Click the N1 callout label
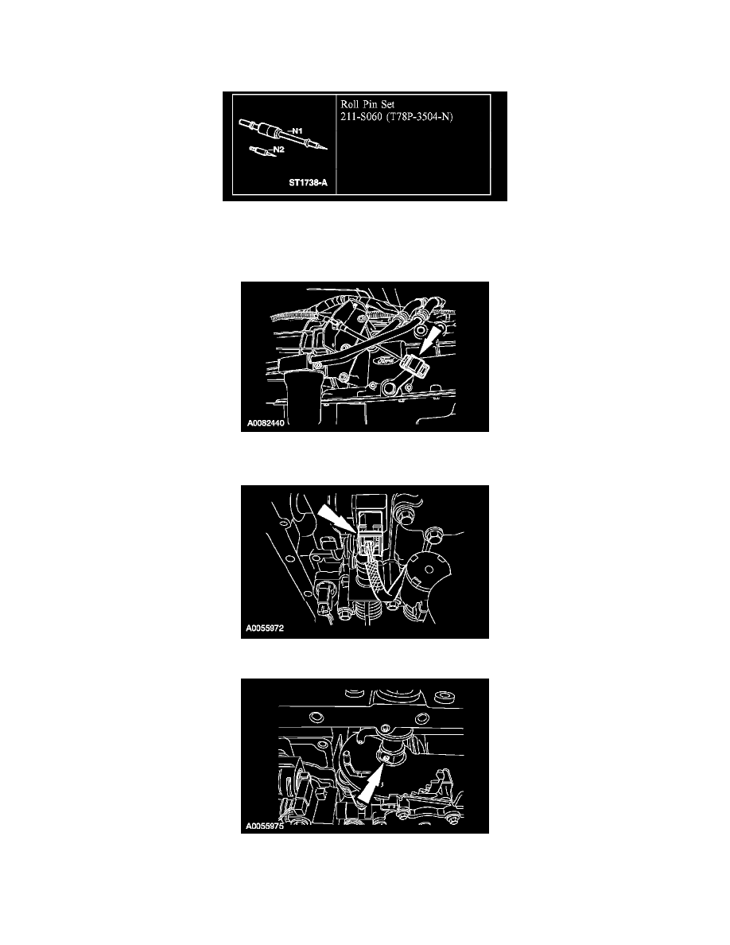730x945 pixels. [296, 130]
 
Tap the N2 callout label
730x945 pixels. [278, 150]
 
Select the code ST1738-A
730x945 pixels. [308, 182]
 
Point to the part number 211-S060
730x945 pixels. [361, 117]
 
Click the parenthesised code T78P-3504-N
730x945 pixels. [419, 117]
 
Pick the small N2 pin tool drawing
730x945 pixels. [261, 150]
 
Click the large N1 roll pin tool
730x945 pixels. [283, 134]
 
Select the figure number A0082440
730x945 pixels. [266, 423]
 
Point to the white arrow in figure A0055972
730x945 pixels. [335, 519]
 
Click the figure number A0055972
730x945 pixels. [265, 628]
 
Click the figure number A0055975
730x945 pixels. [265, 826]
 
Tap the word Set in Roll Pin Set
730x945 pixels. [387, 104]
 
